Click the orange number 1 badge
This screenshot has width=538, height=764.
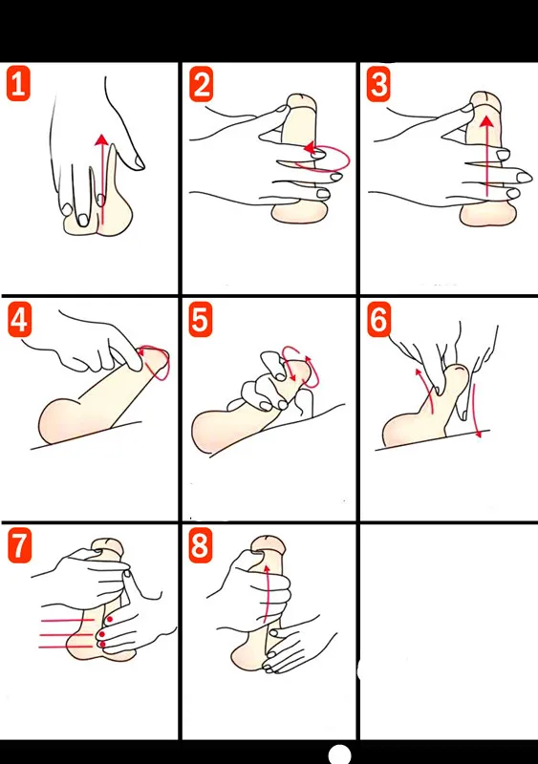(x=18, y=84)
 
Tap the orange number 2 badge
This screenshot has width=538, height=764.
(x=201, y=84)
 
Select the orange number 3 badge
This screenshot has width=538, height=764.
(x=378, y=84)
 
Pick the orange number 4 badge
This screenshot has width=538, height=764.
(x=19, y=320)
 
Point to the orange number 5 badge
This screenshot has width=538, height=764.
(x=201, y=320)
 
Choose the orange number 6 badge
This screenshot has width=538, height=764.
(x=378, y=320)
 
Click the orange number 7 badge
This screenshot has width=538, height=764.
(x=19, y=545)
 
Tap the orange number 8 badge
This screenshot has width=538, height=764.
(x=201, y=545)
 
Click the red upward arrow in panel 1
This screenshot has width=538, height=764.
(x=101, y=180)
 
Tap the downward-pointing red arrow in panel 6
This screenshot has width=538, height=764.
(x=476, y=410)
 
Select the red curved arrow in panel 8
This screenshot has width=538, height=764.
(x=266, y=593)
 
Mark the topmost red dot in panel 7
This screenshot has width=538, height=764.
(x=110, y=619)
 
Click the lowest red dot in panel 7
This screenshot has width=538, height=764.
(x=102, y=645)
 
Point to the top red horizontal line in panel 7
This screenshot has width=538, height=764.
(x=68, y=620)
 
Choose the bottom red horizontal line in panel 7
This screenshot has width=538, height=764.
(x=66, y=647)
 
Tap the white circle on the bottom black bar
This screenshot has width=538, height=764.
(x=340, y=754)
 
